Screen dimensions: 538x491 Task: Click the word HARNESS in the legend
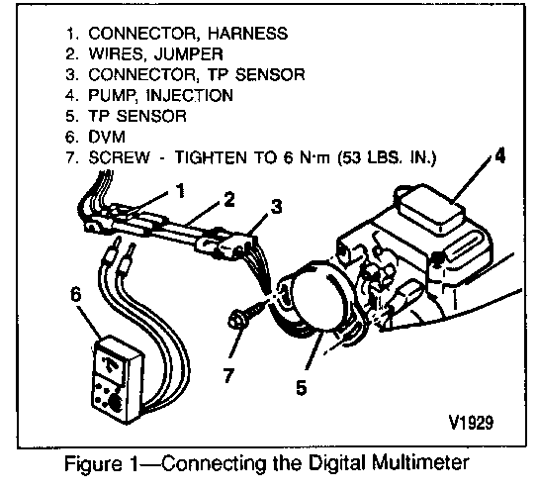click(x=247, y=34)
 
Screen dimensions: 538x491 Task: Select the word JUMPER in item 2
click(x=188, y=53)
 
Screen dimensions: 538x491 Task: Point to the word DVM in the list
click(x=107, y=137)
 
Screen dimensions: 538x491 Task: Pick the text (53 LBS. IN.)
click(x=387, y=158)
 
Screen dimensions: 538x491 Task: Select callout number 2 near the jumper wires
click(x=229, y=200)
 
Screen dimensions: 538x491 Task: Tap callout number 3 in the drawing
click(x=276, y=207)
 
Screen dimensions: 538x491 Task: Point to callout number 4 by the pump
click(x=499, y=156)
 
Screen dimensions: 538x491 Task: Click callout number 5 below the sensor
click(x=302, y=388)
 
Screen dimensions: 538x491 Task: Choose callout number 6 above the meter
click(x=76, y=294)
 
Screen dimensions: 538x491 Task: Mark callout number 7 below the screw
click(x=229, y=374)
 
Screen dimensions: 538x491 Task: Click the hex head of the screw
click(x=236, y=319)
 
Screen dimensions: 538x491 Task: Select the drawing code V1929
click(x=471, y=422)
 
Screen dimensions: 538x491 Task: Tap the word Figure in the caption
click(x=93, y=464)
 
